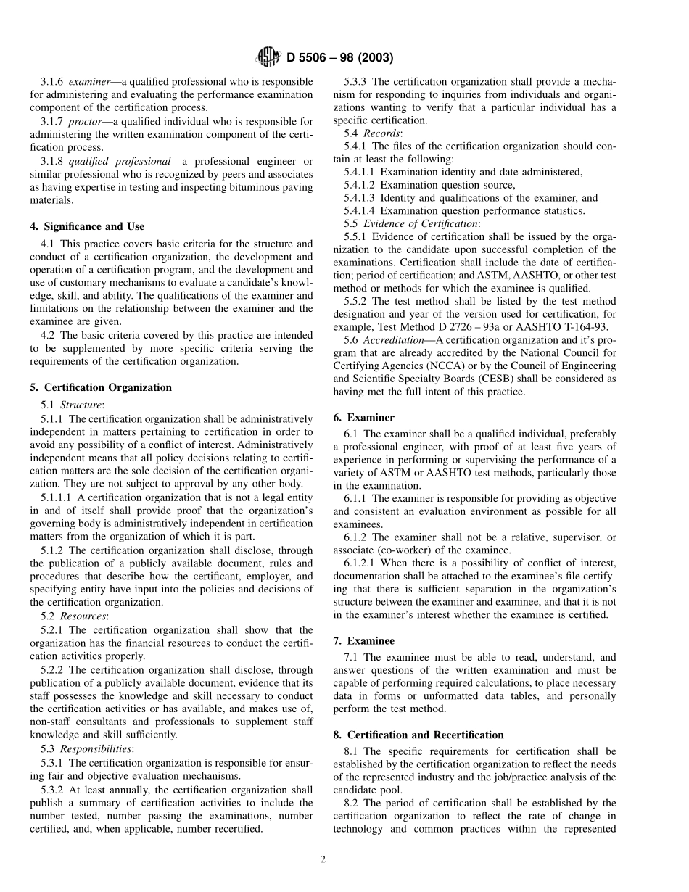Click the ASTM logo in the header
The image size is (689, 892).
point(269,57)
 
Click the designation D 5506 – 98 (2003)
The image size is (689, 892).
point(340,58)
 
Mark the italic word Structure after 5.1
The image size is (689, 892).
point(81,405)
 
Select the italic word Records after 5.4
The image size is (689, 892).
point(382,133)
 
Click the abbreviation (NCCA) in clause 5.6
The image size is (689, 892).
point(455,366)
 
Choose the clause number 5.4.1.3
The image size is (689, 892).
point(359,198)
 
